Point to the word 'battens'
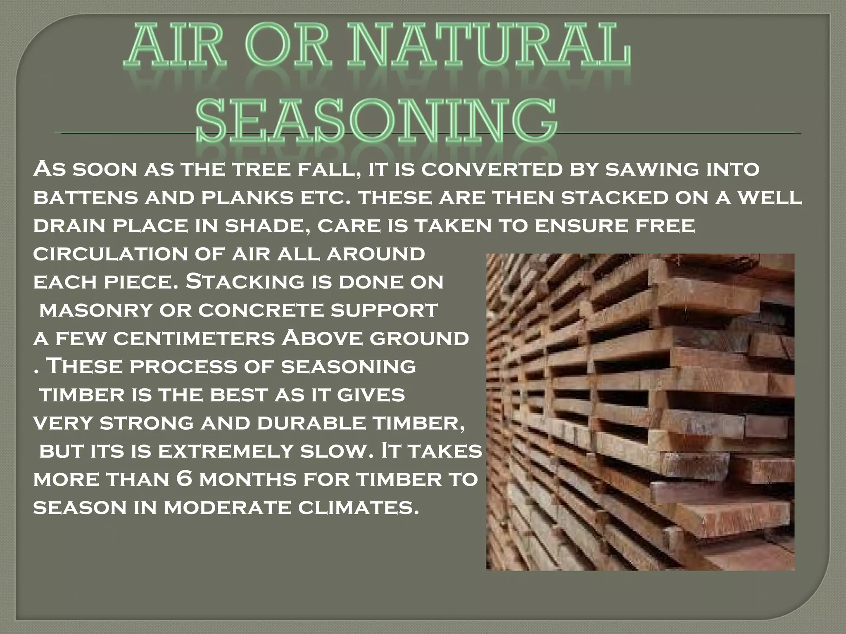(x=85, y=198)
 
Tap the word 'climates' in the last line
(x=355, y=507)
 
